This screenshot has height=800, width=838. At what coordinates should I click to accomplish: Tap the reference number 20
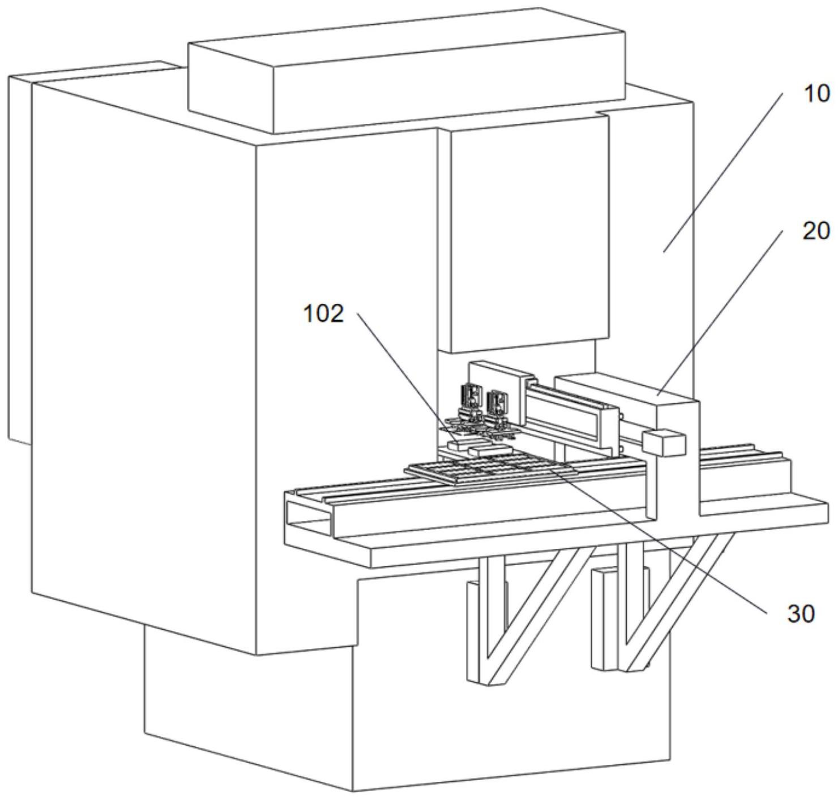click(x=816, y=231)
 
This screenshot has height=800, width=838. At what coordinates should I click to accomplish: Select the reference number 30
click(x=801, y=613)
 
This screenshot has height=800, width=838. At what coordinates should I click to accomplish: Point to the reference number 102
click(x=324, y=313)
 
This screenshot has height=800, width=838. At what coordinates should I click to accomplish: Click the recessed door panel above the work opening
click(x=527, y=232)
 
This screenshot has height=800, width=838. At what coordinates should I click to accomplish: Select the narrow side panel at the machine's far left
click(x=20, y=255)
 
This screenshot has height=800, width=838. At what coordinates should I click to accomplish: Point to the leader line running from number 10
click(x=725, y=170)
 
